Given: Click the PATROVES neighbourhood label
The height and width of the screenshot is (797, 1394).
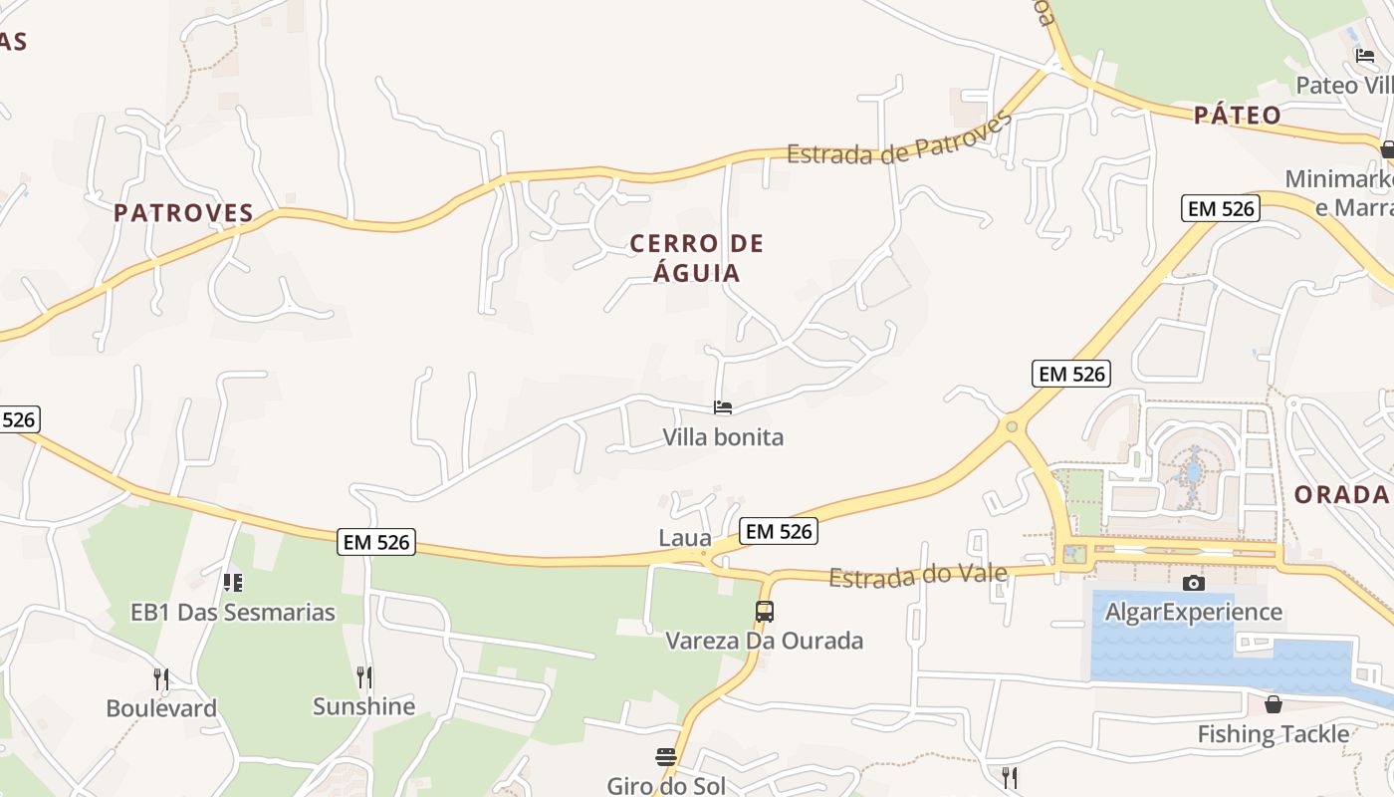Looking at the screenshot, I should click(x=183, y=213).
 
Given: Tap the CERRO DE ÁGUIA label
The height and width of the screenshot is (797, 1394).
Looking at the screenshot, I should click(x=697, y=258).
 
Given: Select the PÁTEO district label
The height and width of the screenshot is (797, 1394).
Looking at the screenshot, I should click(x=1238, y=116).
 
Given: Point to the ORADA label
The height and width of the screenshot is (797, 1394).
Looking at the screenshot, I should click(x=1341, y=494).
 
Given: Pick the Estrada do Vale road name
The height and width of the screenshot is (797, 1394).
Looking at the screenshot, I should click(x=918, y=575).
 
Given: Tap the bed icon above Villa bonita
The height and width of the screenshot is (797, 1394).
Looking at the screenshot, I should click(x=723, y=407).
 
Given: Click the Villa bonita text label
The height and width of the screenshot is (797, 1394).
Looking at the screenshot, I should click(x=723, y=436).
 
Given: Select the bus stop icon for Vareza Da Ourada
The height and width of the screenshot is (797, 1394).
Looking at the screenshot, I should click(x=764, y=612).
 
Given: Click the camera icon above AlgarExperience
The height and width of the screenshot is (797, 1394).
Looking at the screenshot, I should click(x=1193, y=583).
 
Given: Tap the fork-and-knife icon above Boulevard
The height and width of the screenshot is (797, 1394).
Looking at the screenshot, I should click(x=161, y=679).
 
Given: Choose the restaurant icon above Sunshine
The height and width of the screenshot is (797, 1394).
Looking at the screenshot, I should click(x=363, y=677).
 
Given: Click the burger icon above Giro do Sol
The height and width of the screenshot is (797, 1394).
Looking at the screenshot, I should click(x=666, y=757).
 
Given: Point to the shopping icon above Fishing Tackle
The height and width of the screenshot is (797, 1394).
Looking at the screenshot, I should click(x=1273, y=705).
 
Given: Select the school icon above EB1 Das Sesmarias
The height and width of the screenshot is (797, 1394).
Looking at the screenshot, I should click(x=232, y=582).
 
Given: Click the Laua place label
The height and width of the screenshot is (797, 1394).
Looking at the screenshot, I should click(x=685, y=539).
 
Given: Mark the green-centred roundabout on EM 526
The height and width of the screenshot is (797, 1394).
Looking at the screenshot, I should click(x=1012, y=426).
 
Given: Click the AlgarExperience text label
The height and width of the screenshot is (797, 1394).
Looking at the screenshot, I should click(x=1193, y=612).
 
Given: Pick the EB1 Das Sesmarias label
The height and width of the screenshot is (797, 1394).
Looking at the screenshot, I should click(x=233, y=612).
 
